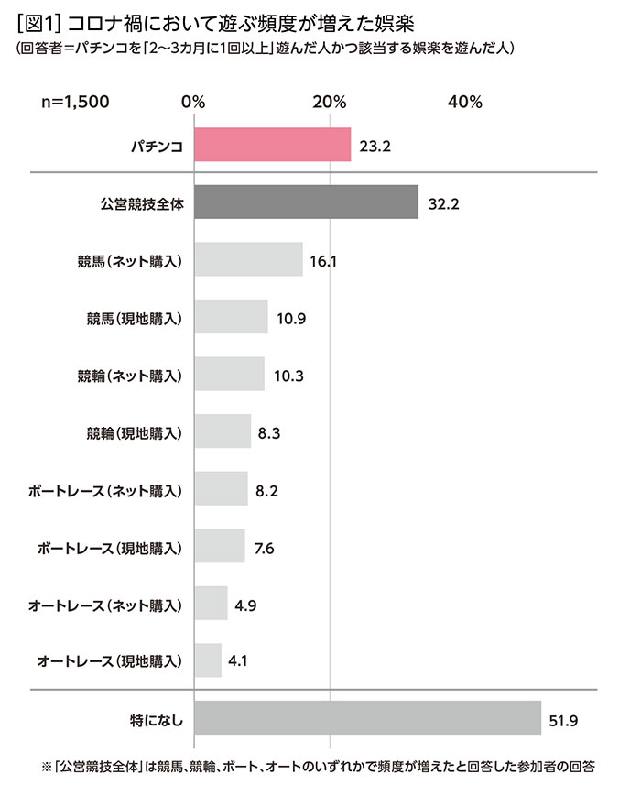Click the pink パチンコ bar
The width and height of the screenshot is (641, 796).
(x=272, y=145)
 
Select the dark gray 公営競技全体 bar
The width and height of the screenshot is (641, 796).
(x=306, y=202)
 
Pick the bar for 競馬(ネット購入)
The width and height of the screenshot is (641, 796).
(x=248, y=260)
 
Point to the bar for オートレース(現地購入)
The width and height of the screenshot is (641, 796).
(x=208, y=660)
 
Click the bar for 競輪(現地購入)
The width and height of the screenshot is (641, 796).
(x=223, y=431)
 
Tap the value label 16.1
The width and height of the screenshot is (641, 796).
(x=324, y=260)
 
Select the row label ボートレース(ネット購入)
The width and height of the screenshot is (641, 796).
(x=106, y=490)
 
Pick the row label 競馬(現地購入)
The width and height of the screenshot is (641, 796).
(x=132, y=318)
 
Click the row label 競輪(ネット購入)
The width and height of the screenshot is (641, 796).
(x=132, y=375)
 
